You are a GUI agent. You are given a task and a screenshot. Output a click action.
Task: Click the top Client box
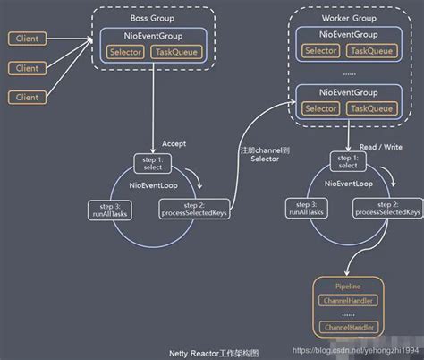pos(28,39)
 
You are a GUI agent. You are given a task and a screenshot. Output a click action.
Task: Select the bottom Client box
pos(28,96)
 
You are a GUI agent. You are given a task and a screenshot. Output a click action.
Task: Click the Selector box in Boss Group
pos(126,53)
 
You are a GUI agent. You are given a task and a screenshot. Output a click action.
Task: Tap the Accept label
pos(174,144)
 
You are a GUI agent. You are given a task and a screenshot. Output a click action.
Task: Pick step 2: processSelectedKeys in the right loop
pos(386,210)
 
